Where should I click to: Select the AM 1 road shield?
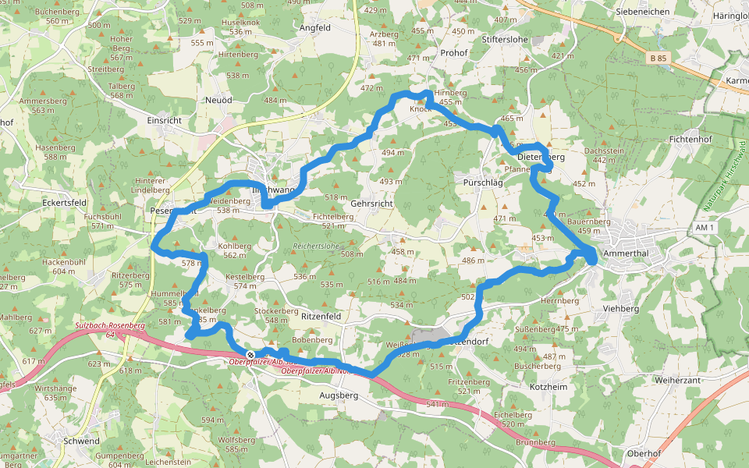click(x=705, y=226)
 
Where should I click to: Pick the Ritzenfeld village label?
click(x=321, y=317)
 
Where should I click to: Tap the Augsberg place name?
click(x=339, y=395)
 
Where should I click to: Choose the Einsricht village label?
click(x=164, y=121)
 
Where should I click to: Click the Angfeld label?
click(x=315, y=27)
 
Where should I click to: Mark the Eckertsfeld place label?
click(x=64, y=202)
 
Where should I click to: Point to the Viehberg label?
click(x=621, y=308)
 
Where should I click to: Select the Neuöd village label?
click(x=218, y=101)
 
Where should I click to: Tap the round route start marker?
click(x=250, y=355)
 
